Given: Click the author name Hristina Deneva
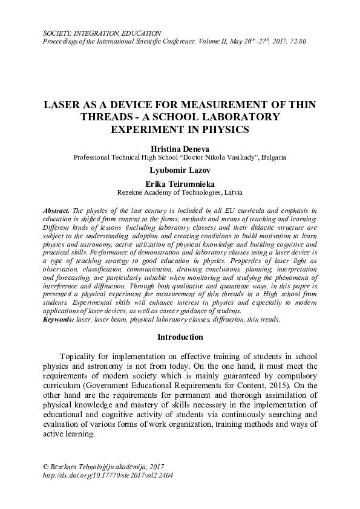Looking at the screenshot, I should (180, 147).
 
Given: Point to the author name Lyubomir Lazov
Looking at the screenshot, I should (180, 170).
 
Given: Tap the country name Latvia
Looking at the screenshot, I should (233, 193).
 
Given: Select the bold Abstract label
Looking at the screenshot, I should (57, 209).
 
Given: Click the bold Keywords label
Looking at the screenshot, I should (59, 319).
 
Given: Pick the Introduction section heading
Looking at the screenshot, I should (180, 337).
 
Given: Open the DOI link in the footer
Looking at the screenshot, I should (104, 476).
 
